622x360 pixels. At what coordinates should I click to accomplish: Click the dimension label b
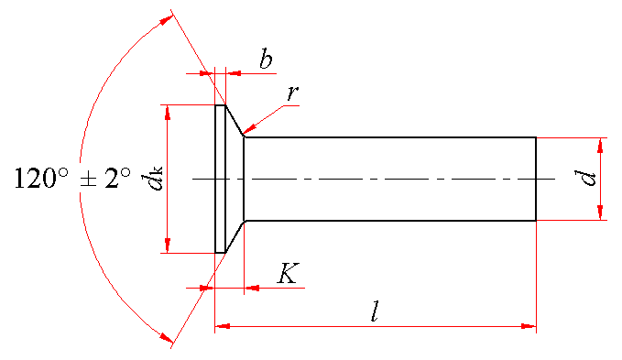click(267, 59)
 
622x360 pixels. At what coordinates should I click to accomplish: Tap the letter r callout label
click(293, 93)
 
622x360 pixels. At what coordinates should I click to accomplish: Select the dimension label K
click(289, 273)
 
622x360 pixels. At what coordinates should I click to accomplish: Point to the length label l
click(375, 311)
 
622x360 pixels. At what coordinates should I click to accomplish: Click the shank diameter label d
click(585, 178)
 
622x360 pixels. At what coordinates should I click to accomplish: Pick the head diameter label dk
click(152, 179)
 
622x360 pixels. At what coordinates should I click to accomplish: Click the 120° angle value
click(41, 178)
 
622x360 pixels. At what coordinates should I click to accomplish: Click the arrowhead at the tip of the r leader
click(249, 130)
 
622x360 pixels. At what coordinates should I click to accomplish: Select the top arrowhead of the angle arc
click(166, 20)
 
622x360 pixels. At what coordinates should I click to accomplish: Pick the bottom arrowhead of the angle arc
click(166, 337)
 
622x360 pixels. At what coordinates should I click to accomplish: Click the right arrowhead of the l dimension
click(529, 326)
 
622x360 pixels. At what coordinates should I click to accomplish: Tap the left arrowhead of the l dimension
click(222, 326)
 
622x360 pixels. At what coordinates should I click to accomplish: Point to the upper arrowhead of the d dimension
click(600, 145)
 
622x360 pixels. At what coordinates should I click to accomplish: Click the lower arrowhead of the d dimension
click(600, 213)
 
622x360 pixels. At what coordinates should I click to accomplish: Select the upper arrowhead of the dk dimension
click(168, 113)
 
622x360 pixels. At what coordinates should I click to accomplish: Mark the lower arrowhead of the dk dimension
click(168, 245)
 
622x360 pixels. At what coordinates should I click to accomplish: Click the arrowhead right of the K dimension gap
click(252, 288)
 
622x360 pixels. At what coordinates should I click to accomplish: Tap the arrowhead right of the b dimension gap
click(234, 73)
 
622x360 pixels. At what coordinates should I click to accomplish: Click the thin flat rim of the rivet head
click(220, 179)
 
